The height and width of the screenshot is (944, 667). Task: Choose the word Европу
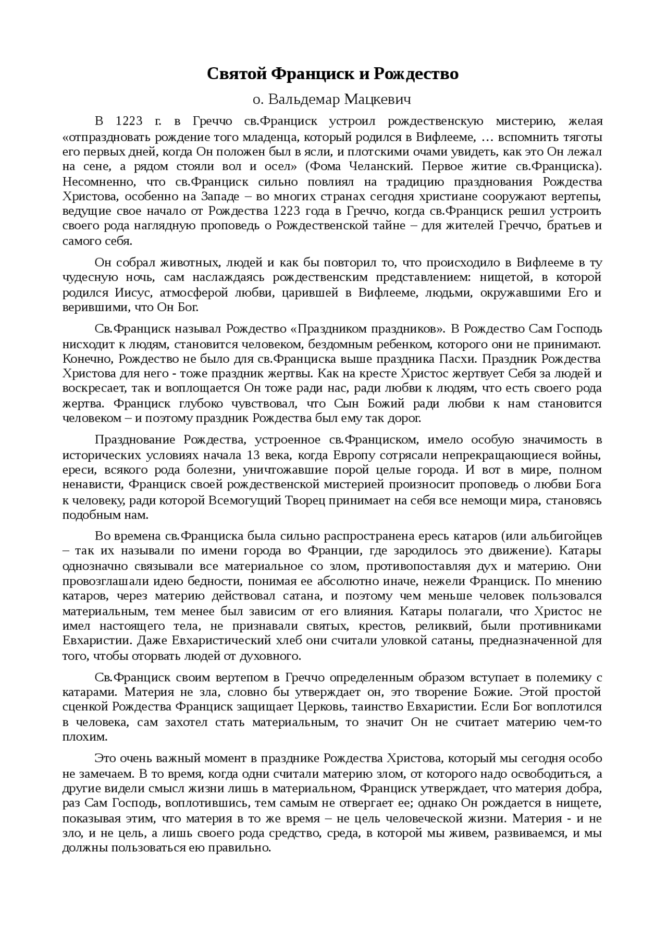(354, 455)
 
